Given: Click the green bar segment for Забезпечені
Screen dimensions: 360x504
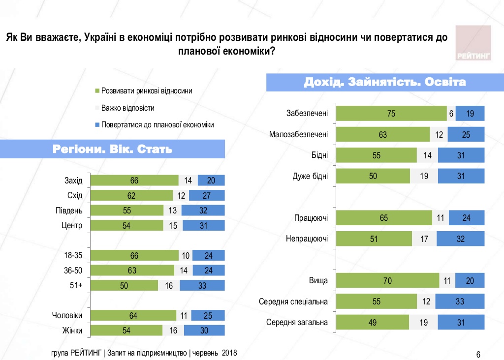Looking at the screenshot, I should pyautogui.click(x=391, y=114).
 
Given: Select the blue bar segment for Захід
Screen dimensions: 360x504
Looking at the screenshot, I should pyautogui.click(x=211, y=180).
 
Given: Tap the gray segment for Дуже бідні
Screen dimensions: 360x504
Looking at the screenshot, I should pyautogui.click(x=424, y=176).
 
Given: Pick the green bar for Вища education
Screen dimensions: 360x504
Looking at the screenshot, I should pyautogui.click(x=388, y=281).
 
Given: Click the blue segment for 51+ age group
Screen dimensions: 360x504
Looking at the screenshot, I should pyautogui.click(x=202, y=285).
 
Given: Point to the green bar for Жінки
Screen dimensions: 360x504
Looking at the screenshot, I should pyautogui.click(x=126, y=330).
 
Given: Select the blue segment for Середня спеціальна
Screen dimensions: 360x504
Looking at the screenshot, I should pyautogui.click(x=460, y=301).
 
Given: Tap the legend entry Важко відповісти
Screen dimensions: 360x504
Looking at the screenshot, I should pyautogui.click(x=127, y=108).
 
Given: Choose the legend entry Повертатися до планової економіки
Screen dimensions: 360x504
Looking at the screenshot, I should pyautogui.click(x=157, y=124).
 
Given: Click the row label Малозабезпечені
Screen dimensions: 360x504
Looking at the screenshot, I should pyautogui.click(x=299, y=134).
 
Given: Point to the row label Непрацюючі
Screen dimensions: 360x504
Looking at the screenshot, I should pyautogui.click(x=307, y=239).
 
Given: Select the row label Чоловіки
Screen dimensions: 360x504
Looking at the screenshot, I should pyautogui.click(x=67, y=316).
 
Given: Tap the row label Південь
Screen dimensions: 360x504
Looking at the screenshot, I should pyautogui.click(x=69, y=210).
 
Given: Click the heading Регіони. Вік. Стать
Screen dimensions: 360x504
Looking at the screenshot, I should pyautogui.click(x=113, y=149).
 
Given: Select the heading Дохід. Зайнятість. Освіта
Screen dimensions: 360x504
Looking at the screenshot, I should pyautogui.click(x=385, y=82).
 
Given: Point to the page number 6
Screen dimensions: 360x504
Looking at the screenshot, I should pyautogui.click(x=478, y=354).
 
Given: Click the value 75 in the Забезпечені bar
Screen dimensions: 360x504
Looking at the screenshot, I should pyautogui.click(x=391, y=114).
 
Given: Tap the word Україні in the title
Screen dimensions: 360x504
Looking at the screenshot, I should pyautogui.click(x=101, y=38).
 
